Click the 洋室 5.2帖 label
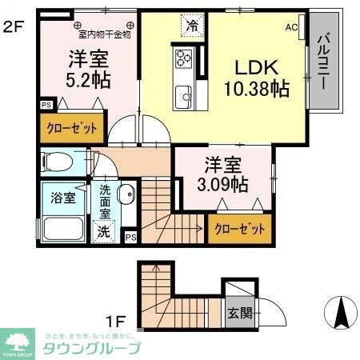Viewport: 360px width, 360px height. click(x=89, y=70)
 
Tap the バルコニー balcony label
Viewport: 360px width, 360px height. click(x=323, y=61)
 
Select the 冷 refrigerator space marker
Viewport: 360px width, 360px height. click(x=192, y=26)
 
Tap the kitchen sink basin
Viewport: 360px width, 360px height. click(x=183, y=94)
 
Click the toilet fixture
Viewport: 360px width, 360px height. click(x=58, y=162)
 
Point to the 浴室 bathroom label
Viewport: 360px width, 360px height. click(x=65, y=198)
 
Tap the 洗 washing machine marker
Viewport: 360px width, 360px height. click(x=104, y=231)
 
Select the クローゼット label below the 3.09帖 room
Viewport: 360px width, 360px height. click(x=239, y=229)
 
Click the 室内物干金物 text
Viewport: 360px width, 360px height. click(x=103, y=34)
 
